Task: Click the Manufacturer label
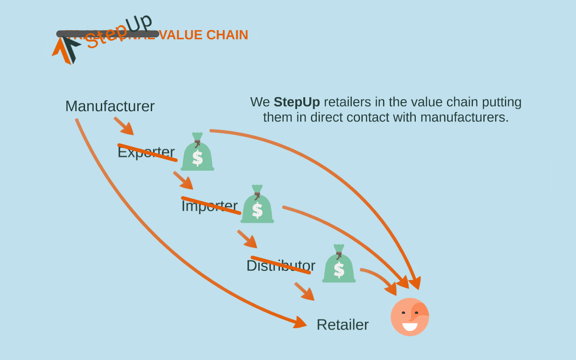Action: (110, 106)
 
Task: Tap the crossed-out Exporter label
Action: (146, 152)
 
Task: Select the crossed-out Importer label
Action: (209, 205)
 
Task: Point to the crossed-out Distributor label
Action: (281, 265)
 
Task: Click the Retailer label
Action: (342, 324)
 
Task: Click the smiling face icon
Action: (409, 317)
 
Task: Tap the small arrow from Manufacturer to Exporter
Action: (124, 126)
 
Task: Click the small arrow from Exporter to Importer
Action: (184, 180)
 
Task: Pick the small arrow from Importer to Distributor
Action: (247, 239)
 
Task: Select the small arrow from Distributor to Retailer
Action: (305, 291)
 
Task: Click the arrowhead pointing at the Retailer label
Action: (300, 322)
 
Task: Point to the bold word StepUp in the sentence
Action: (297, 102)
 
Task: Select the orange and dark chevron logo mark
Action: (66, 49)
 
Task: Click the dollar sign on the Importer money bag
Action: (257, 210)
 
